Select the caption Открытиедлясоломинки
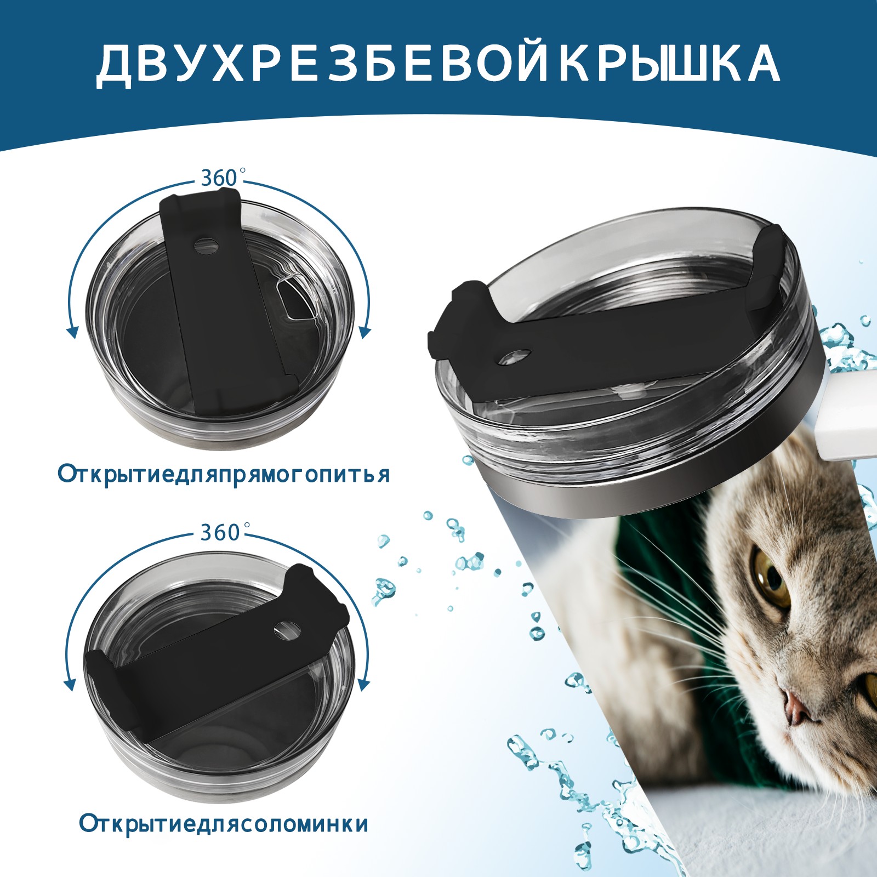(x=224, y=824)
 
